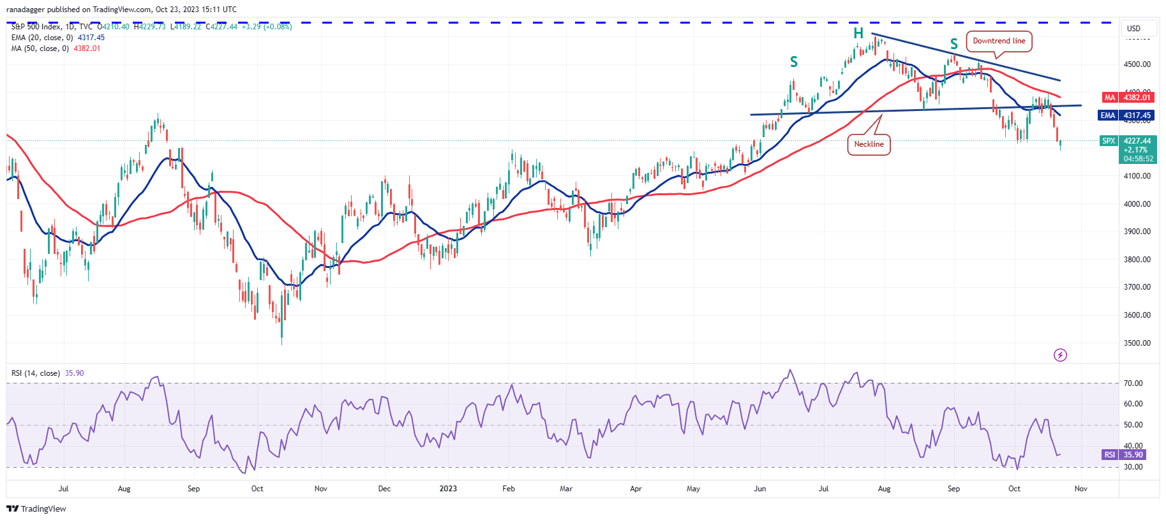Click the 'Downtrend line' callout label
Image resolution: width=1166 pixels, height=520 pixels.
click(x=999, y=41)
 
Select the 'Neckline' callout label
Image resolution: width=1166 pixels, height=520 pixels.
click(x=869, y=144)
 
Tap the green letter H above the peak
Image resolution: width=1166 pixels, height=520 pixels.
click(x=858, y=33)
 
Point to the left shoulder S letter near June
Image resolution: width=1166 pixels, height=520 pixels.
click(x=794, y=62)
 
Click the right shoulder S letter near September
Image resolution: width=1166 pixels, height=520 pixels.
click(x=954, y=44)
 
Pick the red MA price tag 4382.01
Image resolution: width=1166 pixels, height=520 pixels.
click(x=1128, y=98)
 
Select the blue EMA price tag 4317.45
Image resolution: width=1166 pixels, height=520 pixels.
click(x=1128, y=115)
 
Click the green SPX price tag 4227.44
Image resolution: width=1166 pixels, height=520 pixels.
click(x=1128, y=141)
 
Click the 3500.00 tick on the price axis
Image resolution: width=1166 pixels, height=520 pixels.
click(x=1137, y=343)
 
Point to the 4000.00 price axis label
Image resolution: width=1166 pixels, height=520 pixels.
click(x=1137, y=204)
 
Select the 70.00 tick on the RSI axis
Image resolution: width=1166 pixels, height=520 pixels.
click(x=1133, y=383)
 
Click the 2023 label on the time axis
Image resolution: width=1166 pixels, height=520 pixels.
click(x=448, y=489)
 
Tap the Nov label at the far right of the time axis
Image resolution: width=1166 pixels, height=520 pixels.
click(x=1080, y=489)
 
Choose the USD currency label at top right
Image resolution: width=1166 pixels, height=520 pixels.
click(x=1133, y=29)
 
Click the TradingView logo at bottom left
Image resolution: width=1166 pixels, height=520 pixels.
click(x=36, y=509)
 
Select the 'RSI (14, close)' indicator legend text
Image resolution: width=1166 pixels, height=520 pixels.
click(x=36, y=373)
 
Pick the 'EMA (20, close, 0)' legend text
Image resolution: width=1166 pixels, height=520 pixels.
click(x=42, y=38)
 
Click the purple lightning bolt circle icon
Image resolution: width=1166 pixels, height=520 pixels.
click(x=1060, y=355)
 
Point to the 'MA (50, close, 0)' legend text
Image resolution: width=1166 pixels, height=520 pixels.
click(x=40, y=48)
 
